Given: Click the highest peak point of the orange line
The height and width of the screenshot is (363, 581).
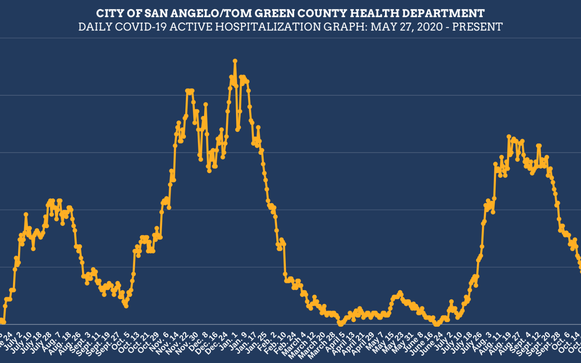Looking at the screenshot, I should click(x=235, y=61).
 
